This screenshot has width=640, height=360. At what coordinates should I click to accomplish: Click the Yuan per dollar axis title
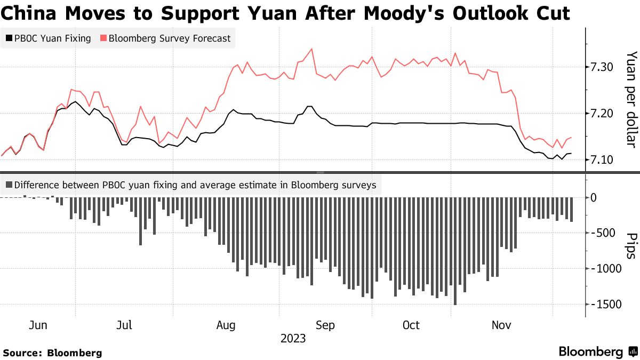click(x=630, y=99)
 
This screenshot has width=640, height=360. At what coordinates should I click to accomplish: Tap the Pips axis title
click(x=630, y=246)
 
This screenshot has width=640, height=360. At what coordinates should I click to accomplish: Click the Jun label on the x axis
click(x=39, y=325)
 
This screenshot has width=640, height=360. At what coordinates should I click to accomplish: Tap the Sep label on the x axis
click(x=325, y=325)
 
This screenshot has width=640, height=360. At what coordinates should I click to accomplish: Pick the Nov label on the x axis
click(x=501, y=325)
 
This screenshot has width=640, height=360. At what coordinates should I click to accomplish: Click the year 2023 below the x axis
click(x=293, y=339)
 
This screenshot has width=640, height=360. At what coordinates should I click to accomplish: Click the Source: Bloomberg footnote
click(x=52, y=353)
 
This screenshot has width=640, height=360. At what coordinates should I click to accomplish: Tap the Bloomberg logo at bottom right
click(x=597, y=352)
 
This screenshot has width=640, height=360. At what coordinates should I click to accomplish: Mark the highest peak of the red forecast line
click(x=311, y=49)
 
